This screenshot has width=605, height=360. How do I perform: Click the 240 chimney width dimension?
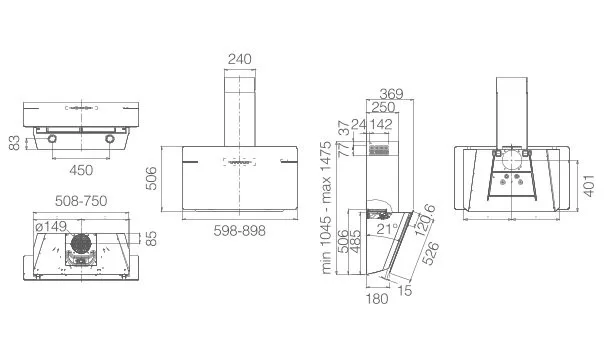tap(239, 59)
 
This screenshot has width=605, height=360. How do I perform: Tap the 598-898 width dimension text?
tap(240, 231)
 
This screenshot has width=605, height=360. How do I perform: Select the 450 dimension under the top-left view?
tap(81, 170)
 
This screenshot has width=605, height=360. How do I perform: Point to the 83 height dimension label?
tap(14, 143)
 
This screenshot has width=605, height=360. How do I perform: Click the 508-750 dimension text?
tap(81, 201)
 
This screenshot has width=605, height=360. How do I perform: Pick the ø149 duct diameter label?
tap(51, 226)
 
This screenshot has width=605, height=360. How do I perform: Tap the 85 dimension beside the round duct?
tap(152, 238)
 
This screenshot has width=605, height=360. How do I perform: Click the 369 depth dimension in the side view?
tap(391, 94)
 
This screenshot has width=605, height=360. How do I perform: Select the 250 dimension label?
tap(383, 107)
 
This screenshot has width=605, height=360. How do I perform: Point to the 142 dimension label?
tap(381, 124)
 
